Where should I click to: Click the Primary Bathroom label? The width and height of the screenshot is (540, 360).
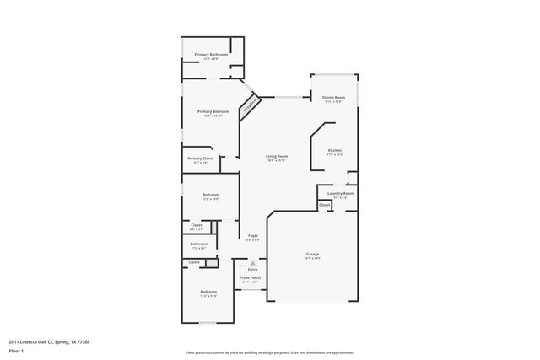click(x=212, y=55)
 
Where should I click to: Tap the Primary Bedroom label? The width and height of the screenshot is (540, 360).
click(x=213, y=112)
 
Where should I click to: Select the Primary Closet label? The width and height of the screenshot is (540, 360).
click(x=201, y=159)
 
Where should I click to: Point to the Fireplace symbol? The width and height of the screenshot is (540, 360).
click(x=250, y=107)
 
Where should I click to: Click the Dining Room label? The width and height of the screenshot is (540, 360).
click(x=334, y=98)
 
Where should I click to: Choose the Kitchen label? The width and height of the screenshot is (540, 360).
click(x=335, y=151)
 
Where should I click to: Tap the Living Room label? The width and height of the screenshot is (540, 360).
click(x=278, y=156)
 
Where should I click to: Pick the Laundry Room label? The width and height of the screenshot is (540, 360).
click(x=340, y=194)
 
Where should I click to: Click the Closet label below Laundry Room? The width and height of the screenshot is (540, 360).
click(x=324, y=205)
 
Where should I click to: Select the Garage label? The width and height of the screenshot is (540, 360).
click(x=312, y=254)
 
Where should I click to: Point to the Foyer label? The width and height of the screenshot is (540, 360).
click(x=252, y=236)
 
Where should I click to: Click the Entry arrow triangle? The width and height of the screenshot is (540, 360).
click(x=252, y=263)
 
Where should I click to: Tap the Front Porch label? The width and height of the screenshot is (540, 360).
click(x=251, y=278)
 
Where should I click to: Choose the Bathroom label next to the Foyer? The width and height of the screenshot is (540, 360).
click(x=200, y=244)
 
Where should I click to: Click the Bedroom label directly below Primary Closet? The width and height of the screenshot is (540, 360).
click(x=211, y=196)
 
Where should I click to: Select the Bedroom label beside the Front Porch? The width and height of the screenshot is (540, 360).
click(x=208, y=293)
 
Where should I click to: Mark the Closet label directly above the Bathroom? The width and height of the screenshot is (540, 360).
click(x=197, y=225)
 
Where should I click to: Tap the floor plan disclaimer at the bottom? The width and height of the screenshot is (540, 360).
click(x=269, y=352)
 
